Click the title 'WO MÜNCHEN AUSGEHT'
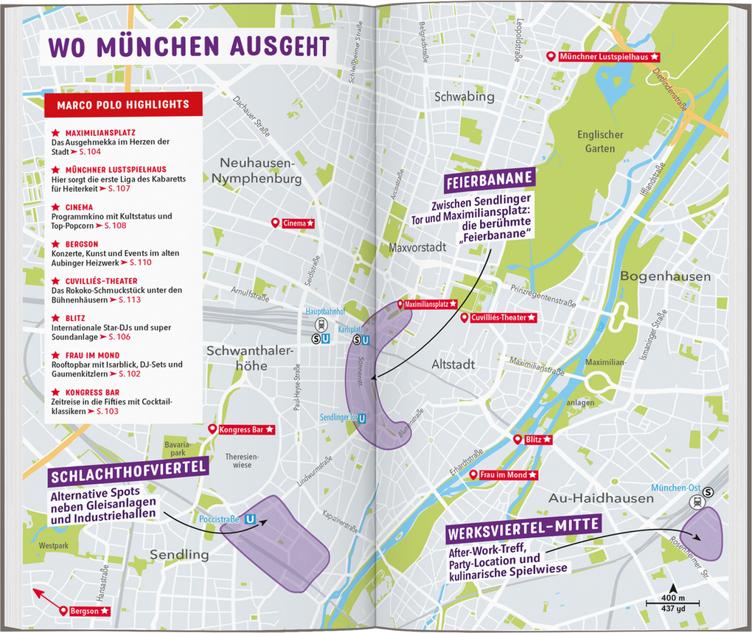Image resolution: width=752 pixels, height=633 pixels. (x=188, y=45)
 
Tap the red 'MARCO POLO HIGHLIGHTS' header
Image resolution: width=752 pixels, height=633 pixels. (x=122, y=105)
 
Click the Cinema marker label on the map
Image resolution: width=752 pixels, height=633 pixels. (x=294, y=223)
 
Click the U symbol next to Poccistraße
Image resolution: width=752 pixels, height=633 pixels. (x=251, y=519)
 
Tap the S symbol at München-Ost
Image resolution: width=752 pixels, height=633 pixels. (x=709, y=492)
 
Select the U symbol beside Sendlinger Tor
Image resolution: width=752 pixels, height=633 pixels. (x=361, y=418)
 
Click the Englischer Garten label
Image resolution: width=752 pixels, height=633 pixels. (x=599, y=142)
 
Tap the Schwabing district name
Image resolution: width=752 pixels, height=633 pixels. (x=464, y=97)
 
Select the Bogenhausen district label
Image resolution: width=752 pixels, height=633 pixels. (x=665, y=277)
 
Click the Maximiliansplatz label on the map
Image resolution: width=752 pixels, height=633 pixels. (x=427, y=304)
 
